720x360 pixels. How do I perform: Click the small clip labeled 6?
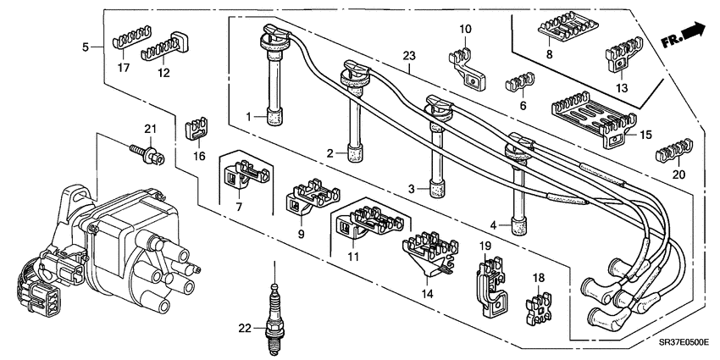(x=517, y=81)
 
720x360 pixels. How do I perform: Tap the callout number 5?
(x=86, y=48)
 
